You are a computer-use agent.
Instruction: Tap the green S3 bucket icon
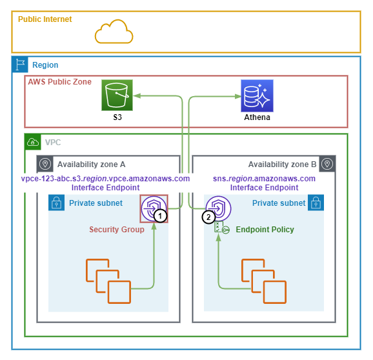click(x=117, y=95)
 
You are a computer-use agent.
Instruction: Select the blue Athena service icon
click(x=257, y=95)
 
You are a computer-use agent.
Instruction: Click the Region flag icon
click(x=20, y=65)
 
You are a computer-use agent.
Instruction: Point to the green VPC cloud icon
click(x=33, y=142)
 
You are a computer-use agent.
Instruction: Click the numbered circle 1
click(x=160, y=216)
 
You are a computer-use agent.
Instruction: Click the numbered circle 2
click(x=208, y=217)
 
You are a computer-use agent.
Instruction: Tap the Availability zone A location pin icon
click(x=45, y=164)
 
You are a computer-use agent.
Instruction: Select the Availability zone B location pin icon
click(x=327, y=164)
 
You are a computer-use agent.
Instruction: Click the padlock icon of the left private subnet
click(x=56, y=203)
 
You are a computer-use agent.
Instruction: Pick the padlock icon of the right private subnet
click(x=316, y=203)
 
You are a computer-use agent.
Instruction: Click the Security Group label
click(x=117, y=230)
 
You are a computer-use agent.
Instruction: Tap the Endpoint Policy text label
click(x=265, y=230)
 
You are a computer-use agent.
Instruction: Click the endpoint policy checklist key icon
click(x=222, y=227)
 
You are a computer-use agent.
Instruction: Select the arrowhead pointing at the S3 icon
click(x=137, y=96)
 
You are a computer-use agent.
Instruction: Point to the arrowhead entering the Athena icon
click(x=237, y=96)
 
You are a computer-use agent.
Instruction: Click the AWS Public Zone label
click(x=60, y=82)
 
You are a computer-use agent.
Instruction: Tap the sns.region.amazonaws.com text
click(x=264, y=178)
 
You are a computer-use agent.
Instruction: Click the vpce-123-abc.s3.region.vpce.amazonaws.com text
click(x=105, y=178)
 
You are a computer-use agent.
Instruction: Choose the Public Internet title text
click(x=45, y=19)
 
